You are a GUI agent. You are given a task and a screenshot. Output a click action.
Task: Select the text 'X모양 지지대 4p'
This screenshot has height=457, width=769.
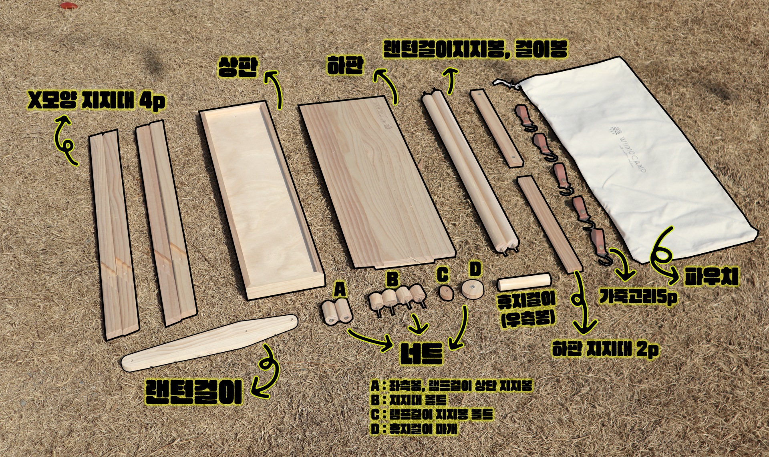coord(96,100)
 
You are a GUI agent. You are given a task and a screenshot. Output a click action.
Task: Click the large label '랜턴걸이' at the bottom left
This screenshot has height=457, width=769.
coord(193,392)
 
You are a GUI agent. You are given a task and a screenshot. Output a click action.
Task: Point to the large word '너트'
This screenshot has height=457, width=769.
coord(422,353)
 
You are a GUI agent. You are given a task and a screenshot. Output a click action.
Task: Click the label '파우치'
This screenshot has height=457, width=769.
coord(711,277)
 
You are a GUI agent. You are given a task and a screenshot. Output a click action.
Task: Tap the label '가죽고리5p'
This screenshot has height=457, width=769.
coord(638,297)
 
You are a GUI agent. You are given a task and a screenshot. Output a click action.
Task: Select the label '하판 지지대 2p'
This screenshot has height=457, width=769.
coord(605,349)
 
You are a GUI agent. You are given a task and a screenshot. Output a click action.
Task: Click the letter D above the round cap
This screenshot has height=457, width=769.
coord(475,269)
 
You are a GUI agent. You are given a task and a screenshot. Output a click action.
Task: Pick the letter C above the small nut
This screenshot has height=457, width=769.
coord(443,275)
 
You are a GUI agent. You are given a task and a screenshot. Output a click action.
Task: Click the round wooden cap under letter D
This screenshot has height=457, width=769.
coord(472,289)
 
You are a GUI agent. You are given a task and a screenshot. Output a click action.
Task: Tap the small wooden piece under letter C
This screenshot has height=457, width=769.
coord(445,293)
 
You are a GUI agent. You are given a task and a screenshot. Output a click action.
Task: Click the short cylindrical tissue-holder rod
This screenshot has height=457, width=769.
coord(524,282)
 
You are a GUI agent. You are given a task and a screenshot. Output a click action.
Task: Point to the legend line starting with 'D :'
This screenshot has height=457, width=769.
coord(414,429)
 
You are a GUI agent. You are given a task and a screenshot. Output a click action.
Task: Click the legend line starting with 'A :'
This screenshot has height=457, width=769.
coord(451,386)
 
